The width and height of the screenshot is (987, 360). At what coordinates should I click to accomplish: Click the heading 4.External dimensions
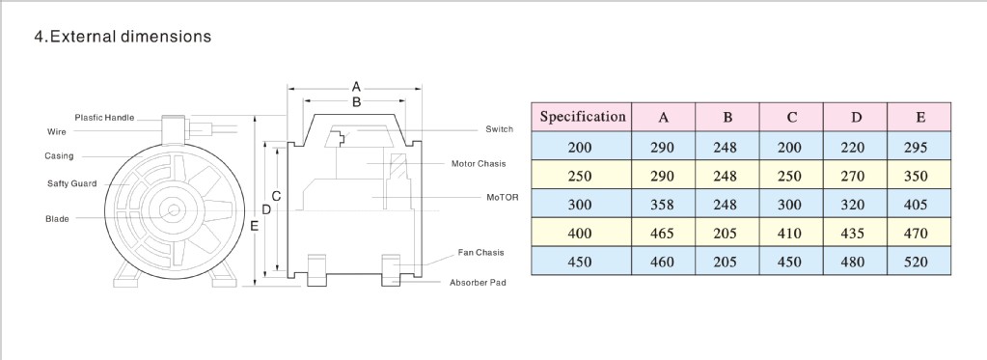(123, 37)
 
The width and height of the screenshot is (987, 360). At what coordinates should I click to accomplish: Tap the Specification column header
(582, 117)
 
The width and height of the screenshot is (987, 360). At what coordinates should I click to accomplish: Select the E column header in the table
(919, 117)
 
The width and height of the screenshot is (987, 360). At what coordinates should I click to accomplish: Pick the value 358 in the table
(663, 205)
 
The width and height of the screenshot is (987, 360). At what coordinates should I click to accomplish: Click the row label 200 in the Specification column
(579, 148)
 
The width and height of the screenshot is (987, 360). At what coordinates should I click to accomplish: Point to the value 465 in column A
(663, 234)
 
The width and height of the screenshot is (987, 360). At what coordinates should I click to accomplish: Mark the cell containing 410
(789, 234)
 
